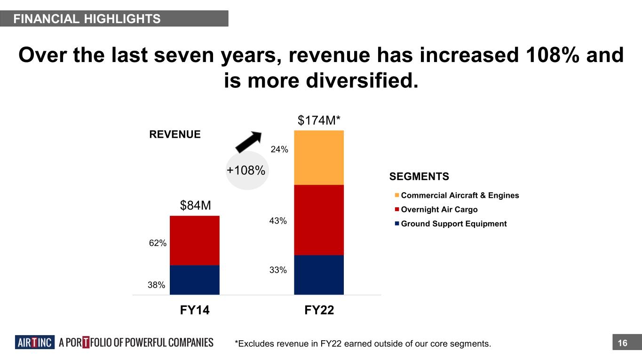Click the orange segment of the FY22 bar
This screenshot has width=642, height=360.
[318, 157]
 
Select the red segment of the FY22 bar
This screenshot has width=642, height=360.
[318, 220]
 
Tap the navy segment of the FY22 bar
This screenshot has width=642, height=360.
[318, 274]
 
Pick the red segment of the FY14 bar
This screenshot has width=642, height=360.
[194, 240]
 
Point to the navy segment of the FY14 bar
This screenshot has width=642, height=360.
[194, 280]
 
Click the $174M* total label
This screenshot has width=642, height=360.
[319, 121]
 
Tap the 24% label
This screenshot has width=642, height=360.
[279, 149]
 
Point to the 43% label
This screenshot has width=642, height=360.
[278, 220]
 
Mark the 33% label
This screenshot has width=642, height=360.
[278, 270]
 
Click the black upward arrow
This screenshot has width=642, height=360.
[248, 141]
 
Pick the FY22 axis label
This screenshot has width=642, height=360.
[318, 310]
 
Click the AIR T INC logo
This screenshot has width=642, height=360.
[35, 343]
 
